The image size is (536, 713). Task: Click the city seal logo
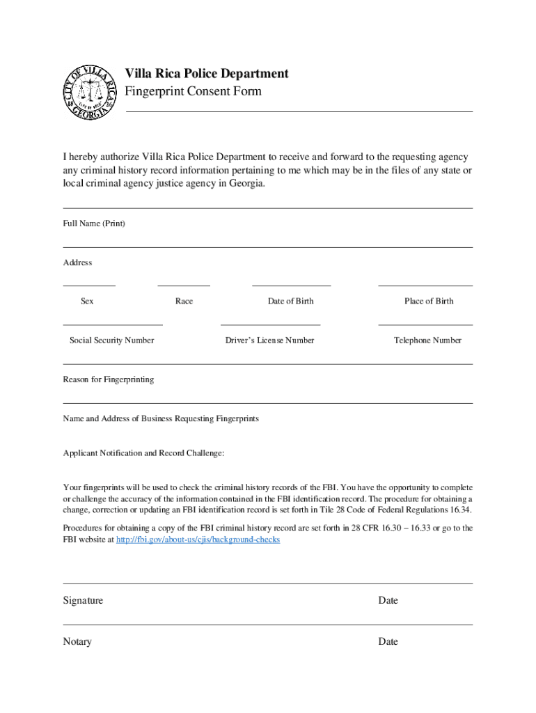coord(90,92)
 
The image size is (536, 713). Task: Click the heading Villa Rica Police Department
coord(206,74)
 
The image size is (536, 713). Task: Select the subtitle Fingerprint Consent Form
coord(193,91)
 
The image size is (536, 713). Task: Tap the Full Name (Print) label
coord(94,224)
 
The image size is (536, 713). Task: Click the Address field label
coord(77,263)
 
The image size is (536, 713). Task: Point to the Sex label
coord(87,301)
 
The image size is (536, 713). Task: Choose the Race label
coord(184,301)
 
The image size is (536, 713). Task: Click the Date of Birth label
coord(290,301)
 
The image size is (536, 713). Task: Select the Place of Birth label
coord(429,301)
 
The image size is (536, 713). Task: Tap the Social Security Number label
coord(111,340)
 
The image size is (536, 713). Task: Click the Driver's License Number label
coord(269,340)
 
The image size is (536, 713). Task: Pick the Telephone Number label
coord(427,340)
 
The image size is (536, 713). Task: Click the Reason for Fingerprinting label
coord(109,379)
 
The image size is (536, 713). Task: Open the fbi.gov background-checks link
coord(198,540)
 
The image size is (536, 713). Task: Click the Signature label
coord(83,600)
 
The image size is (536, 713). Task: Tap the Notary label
coord(77,641)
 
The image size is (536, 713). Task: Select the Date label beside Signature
coord(388,600)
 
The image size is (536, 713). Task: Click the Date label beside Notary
coord(388,641)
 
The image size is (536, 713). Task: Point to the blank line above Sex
coord(89,285)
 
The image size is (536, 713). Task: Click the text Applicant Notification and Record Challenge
coord(143,453)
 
